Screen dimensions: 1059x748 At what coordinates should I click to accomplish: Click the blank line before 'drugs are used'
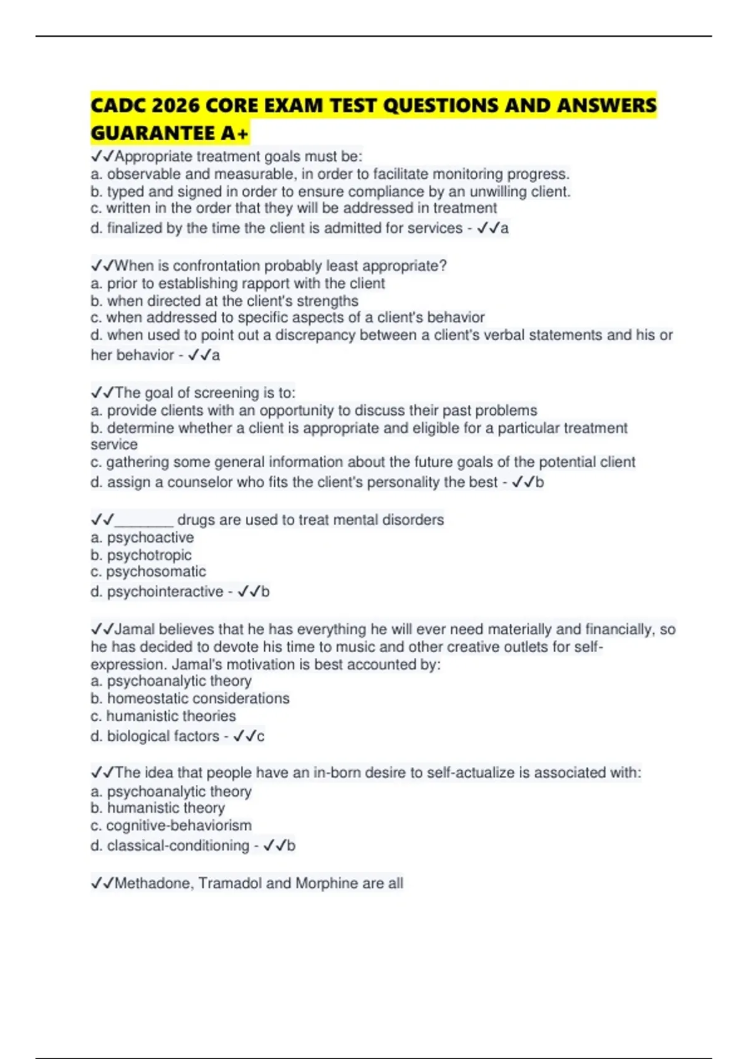(x=144, y=520)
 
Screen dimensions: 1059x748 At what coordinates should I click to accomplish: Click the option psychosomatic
(x=156, y=572)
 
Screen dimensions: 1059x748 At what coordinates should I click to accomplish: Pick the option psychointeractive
(x=165, y=592)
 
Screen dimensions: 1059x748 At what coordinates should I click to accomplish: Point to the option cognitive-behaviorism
(x=179, y=825)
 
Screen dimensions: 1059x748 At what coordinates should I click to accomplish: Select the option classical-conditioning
(x=178, y=846)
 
